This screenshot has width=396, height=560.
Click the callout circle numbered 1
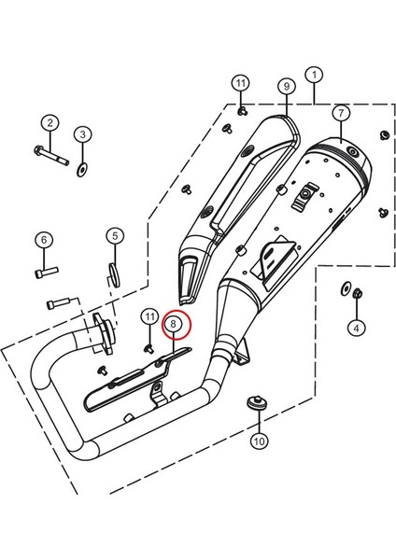tap(315, 74)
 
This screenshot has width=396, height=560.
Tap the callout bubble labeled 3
tap(82, 135)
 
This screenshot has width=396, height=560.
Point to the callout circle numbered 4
tap(355, 327)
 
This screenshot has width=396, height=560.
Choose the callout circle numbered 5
tap(113, 236)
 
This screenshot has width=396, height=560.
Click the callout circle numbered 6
tap(43, 240)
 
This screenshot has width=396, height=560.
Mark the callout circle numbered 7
tap(340, 113)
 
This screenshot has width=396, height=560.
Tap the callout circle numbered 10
tap(258, 440)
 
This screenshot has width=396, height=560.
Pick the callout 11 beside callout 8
tap(148, 318)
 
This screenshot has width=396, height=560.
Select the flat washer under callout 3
tap(84, 168)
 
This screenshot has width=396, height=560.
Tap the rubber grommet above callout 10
tap(255, 403)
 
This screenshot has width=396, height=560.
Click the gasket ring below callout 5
tap(113, 273)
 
